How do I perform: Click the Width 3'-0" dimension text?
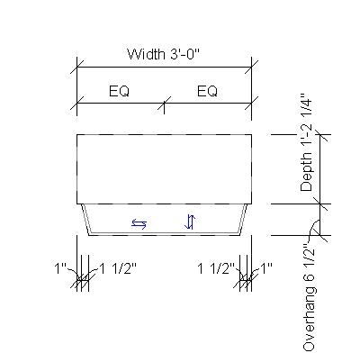coord(163,54)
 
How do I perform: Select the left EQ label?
coord(123,92)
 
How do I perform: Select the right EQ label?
coord(207,92)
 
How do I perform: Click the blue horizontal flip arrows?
coord(139,224)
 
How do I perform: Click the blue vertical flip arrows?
coord(190,222)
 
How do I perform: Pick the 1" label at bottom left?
coord(60,268)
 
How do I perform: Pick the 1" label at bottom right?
coord(265,268)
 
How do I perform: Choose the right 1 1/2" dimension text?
coord(216,268)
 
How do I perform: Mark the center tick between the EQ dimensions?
coord(163,104)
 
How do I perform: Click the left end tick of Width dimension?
coord(76,67)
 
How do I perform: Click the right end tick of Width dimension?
coord(250,67)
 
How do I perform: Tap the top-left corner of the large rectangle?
coord(76,134)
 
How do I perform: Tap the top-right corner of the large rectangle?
coord(250,134)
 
